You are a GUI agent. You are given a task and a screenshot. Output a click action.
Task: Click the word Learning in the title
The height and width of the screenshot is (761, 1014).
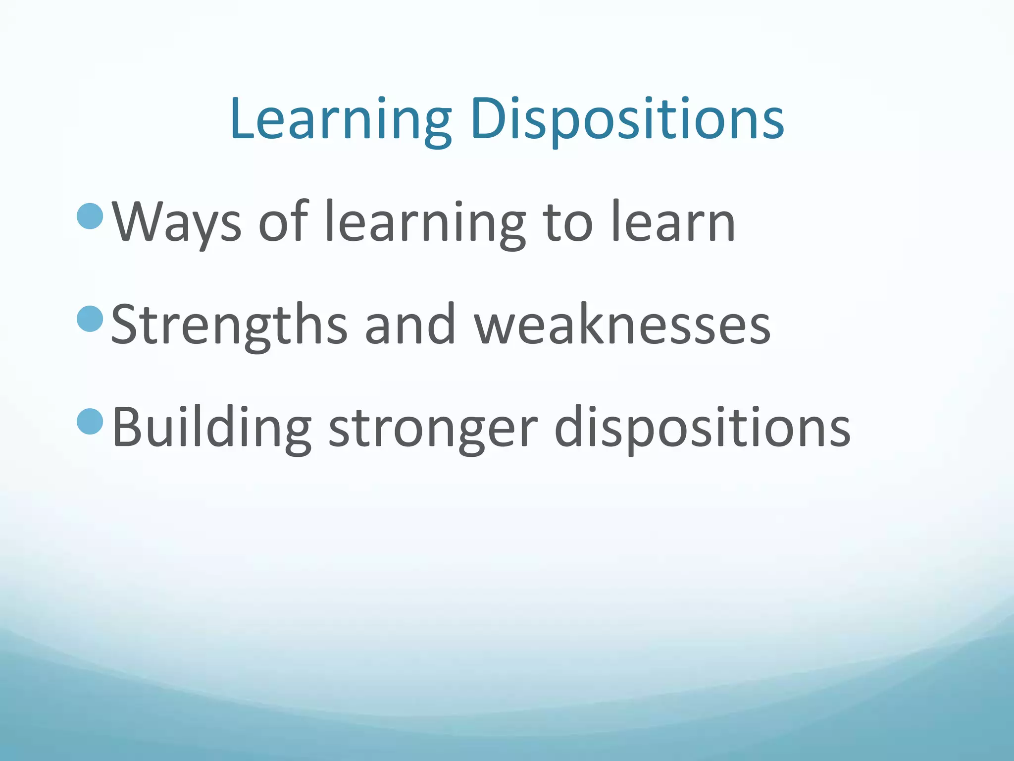(x=341, y=119)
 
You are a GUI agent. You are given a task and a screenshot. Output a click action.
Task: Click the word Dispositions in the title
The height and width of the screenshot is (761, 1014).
(x=627, y=119)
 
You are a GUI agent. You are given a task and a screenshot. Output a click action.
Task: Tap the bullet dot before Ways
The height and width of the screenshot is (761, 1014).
(x=90, y=216)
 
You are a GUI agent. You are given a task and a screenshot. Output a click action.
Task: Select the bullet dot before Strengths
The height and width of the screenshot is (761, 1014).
(x=90, y=319)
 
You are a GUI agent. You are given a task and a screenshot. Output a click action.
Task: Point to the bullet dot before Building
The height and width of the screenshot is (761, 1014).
(x=90, y=421)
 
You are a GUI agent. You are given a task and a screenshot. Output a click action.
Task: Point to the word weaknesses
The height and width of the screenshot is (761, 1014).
(x=622, y=325)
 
